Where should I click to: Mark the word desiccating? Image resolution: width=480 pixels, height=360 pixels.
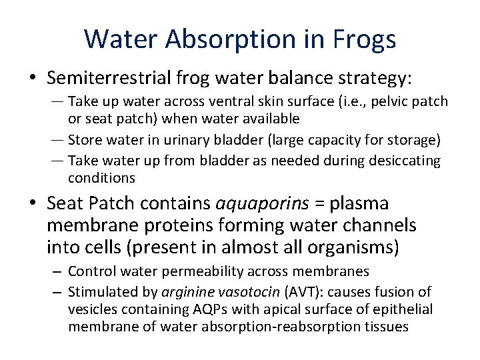pos(405,161)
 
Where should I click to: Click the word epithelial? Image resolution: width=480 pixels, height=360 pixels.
pos(403,309)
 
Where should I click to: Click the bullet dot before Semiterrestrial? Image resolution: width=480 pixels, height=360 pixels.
pos(33,79)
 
